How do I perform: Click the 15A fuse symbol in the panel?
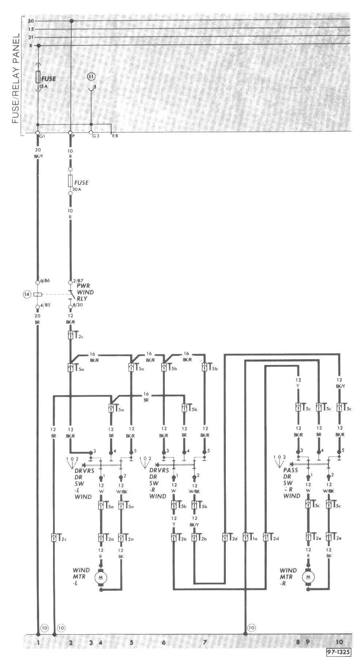(38, 77)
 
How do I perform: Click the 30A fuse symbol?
(71, 180)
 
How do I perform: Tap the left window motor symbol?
(101, 577)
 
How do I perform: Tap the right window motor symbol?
(308, 577)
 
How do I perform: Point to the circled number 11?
(91, 76)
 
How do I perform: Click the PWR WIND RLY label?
(85, 292)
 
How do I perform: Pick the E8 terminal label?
(115, 136)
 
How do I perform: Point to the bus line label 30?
(31, 21)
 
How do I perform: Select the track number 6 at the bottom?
(163, 641)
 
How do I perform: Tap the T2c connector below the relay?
(71, 335)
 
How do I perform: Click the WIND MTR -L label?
(81, 577)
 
